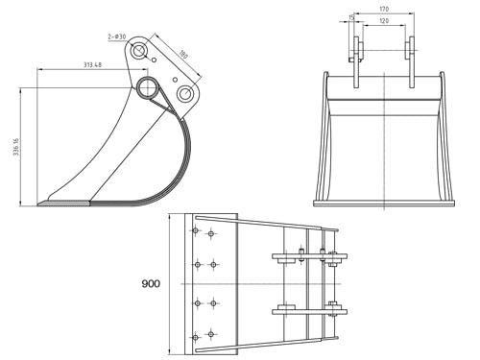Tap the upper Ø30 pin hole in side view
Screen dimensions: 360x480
tap(141, 48)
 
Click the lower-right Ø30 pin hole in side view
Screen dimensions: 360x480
tap(185, 94)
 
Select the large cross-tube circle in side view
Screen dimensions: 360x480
tap(149, 89)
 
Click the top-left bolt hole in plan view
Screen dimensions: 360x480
tap(196, 231)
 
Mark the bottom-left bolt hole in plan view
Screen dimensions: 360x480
tap(196, 336)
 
